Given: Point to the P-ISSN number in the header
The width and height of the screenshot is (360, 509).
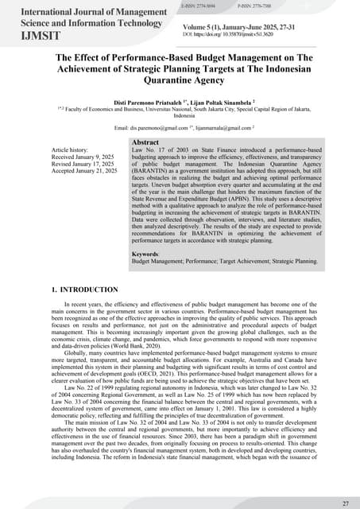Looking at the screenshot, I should pyautogui.click(x=257, y=6).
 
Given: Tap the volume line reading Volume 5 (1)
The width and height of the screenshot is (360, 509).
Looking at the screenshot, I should pyautogui.click(x=238, y=28).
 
